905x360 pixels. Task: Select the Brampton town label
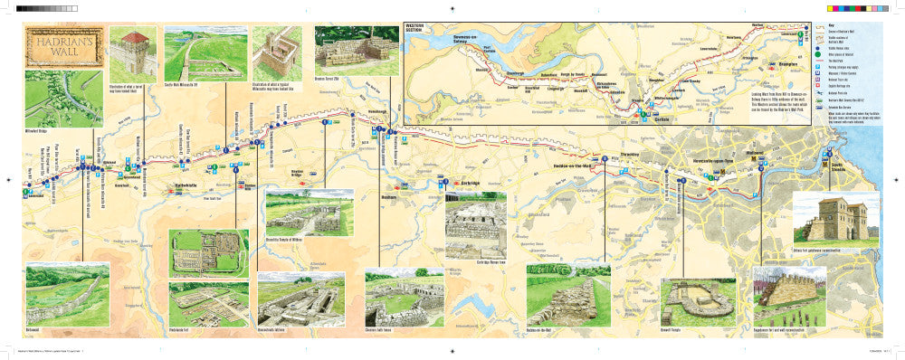780,65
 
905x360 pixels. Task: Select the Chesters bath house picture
404,298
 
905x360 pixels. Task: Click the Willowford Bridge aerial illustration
51,99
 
